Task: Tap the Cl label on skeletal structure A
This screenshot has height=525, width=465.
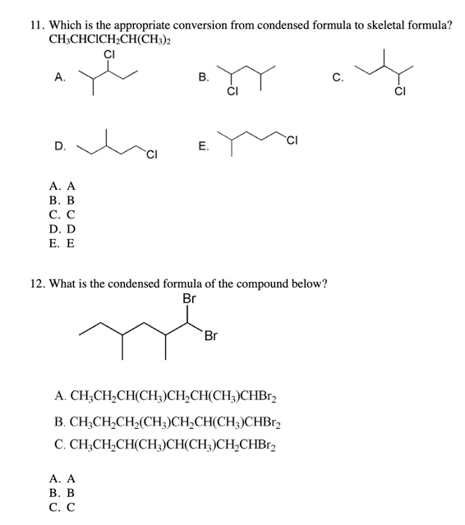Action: click(109, 54)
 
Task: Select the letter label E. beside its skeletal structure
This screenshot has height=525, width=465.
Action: click(203, 146)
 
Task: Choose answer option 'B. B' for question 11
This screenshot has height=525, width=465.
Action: click(62, 200)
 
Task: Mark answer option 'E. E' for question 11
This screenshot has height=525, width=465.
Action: click(62, 244)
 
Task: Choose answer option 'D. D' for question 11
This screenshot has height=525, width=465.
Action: click(62, 229)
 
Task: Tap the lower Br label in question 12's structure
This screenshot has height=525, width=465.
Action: click(211, 336)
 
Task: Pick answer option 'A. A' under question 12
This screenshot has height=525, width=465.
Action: click(62, 477)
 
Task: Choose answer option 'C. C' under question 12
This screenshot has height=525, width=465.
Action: click(62, 507)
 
